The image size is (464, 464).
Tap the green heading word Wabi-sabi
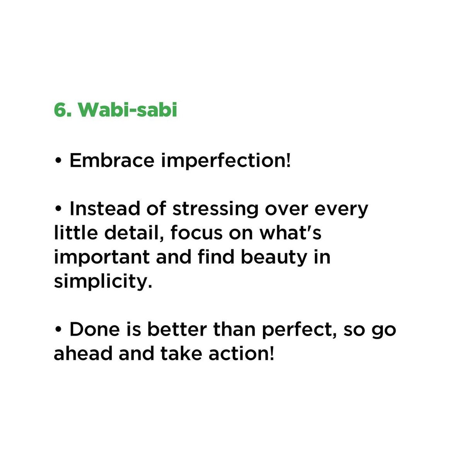pyautogui.click(x=128, y=110)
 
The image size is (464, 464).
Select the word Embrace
pyautogui.click(x=112, y=160)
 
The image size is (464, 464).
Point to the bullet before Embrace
pyautogui.click(x=58, y=160)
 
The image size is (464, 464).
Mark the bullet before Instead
pyautogui.click(x=58, y=208)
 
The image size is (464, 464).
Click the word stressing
pyautogui.click(x=215, y=210)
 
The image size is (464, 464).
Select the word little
pyautogui.click(x=76, y=233)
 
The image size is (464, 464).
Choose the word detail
pyautogui.click(x=134, y=233)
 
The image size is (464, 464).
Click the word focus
pyautogui.click(x=196, y=233)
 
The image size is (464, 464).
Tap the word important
pyautogui.click(x=102, y=258)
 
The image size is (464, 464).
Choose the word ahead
pyautogui.click(x=83, y=353)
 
